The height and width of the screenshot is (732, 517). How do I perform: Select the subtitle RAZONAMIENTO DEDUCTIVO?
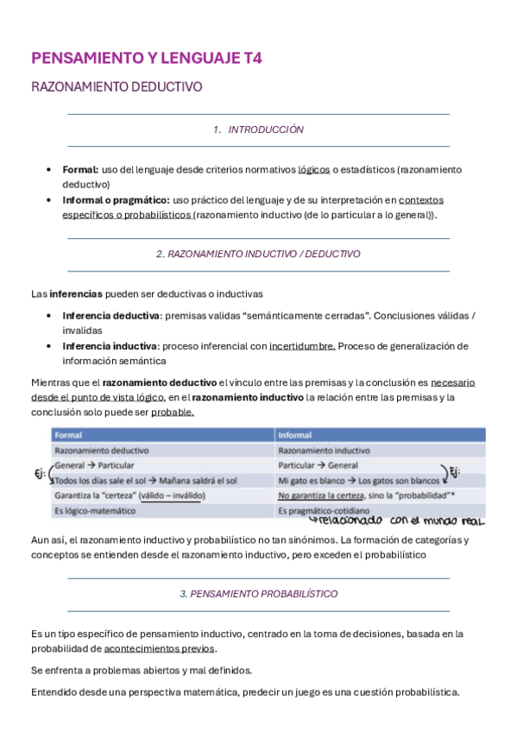117,87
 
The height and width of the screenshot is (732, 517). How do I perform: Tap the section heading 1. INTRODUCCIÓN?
258,129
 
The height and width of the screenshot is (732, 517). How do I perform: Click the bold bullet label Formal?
80,169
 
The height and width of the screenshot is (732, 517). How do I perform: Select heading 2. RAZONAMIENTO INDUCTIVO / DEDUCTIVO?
258,255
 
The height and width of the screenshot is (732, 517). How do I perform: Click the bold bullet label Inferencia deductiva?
110,315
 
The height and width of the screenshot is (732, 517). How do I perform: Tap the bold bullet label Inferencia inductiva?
109,345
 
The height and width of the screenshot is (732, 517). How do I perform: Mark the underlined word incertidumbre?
302,345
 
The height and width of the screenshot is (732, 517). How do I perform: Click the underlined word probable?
173,412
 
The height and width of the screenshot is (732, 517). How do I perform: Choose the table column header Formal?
69,435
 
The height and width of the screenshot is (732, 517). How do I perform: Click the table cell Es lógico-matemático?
95,511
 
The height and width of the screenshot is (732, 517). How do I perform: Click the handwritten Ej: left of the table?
38,473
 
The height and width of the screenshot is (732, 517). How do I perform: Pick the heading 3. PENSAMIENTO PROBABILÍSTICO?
258,594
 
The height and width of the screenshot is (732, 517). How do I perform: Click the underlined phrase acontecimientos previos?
160,648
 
